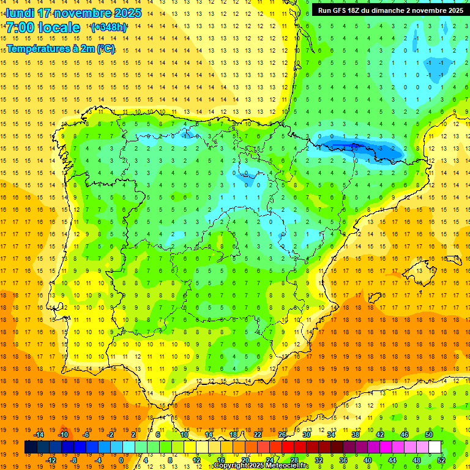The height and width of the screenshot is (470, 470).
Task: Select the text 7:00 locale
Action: point(43,28)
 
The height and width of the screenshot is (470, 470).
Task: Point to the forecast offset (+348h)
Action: point(108,28)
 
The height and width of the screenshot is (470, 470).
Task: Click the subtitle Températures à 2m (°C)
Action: point(61,49)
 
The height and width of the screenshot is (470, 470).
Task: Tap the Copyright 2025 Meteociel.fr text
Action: point(261,466)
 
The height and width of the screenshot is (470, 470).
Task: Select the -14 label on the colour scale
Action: point(39,435)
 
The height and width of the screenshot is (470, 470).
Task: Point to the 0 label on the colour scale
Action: point(121,460)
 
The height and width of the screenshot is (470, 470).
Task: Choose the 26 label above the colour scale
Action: point(282,435)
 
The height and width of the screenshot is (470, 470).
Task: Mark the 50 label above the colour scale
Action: point(429,435)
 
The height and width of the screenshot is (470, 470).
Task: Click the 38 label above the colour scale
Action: point(356,435)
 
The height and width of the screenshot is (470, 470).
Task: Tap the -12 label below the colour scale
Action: point(51,460)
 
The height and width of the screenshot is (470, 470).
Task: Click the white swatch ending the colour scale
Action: point(435,447)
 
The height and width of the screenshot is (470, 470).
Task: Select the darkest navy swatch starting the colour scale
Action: point(31,447)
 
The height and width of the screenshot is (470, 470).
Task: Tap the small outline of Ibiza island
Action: point(373,298)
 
